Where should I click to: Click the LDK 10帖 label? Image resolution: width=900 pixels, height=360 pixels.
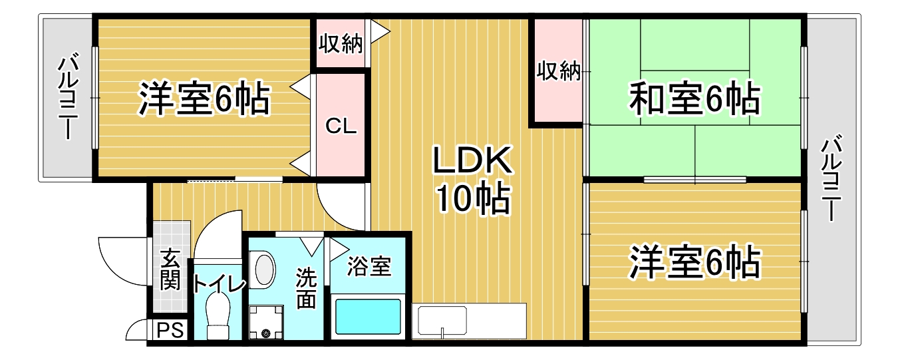[x=472, y=178]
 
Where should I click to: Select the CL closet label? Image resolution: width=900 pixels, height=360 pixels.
[x=341, y=126]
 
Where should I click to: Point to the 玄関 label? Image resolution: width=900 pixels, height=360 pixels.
[x=170, y=269]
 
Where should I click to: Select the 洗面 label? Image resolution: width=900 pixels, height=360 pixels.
[x=306, y=288]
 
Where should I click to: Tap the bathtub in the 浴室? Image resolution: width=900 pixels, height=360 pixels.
[x=368, y=317]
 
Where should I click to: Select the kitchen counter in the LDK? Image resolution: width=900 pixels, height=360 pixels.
[x=470, y=321]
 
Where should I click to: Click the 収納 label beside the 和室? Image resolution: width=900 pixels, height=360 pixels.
[x=559, y=71]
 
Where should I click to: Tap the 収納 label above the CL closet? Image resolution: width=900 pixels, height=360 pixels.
[x=340, y=44]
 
